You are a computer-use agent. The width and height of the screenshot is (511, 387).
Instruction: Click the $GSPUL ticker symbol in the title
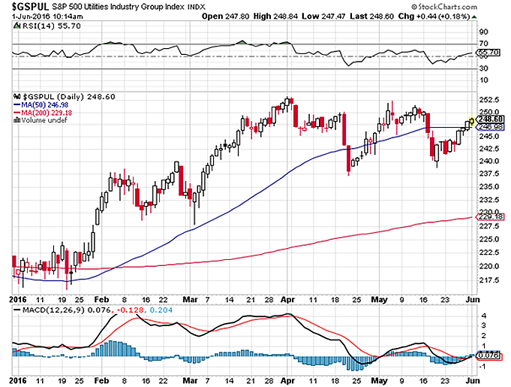26,6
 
